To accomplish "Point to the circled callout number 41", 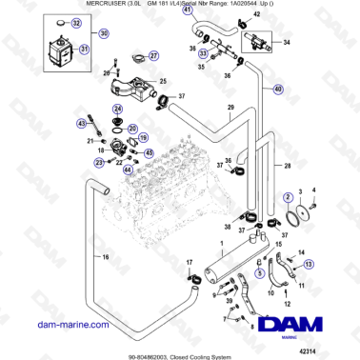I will click(188, 37).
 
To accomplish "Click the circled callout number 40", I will click(278, 90).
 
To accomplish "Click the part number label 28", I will click(287, 165).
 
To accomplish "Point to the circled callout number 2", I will click(287, 196).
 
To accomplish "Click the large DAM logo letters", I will click(299, 324).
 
